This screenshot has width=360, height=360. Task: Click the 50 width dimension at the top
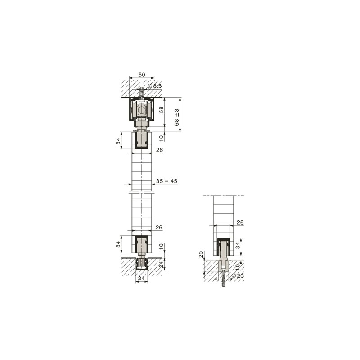[142, 75]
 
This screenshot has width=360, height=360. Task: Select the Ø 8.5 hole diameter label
[155, 86]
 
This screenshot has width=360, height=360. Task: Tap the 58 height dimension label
[162, 109]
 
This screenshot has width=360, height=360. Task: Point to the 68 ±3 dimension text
[176, 117]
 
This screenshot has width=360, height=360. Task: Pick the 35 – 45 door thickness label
[166, 181]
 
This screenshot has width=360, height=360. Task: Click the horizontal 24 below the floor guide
[141, 278]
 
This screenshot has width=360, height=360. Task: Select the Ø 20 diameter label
[238, 276]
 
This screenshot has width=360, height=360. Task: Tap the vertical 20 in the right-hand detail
[201, 254]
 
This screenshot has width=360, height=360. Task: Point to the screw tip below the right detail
[223, 286]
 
